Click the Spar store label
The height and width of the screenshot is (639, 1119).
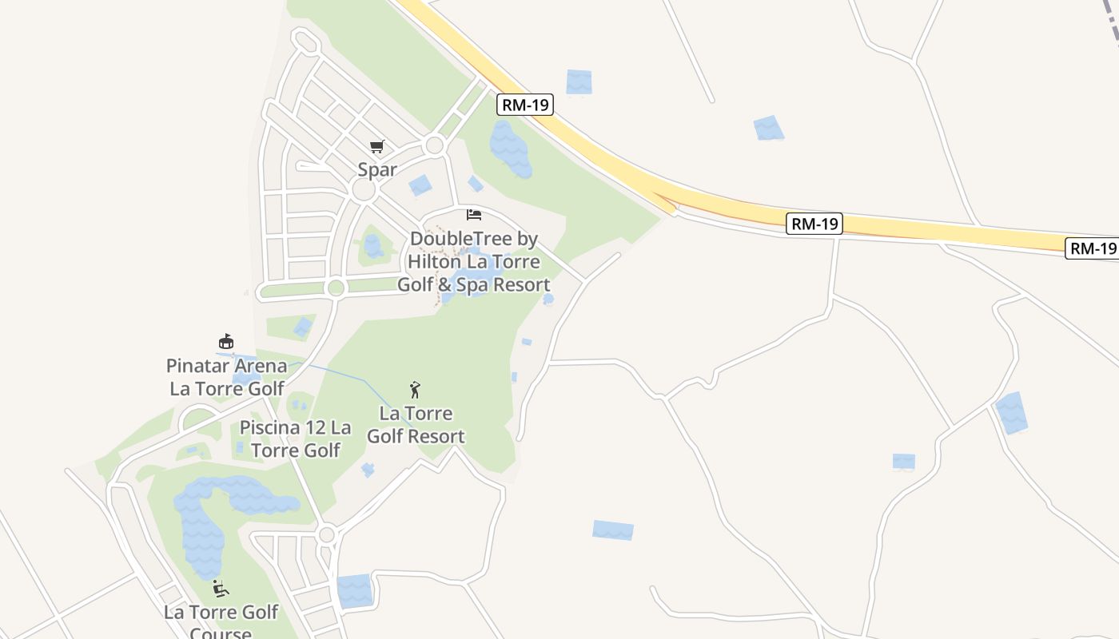(377, 169)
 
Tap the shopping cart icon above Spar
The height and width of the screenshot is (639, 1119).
(377, 147)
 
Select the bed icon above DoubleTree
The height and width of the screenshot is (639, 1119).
(474, 215)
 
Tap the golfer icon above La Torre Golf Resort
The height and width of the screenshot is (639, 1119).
(415, 390)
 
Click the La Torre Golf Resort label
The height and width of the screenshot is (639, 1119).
(415, 425)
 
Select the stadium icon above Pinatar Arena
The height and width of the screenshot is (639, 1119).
(226, 342)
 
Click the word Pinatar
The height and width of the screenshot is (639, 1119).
(197, 366)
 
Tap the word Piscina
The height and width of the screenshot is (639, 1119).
(270, 427)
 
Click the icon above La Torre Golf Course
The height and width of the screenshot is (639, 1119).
(221, 589)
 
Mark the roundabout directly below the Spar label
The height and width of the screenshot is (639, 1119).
(364, 192)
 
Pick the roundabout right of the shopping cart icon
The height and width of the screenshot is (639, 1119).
(435, 145)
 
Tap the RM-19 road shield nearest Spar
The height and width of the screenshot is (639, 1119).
(524, 105)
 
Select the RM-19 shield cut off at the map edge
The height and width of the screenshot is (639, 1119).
(1093, 248)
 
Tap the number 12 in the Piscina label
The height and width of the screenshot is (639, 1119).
(314, 427)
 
